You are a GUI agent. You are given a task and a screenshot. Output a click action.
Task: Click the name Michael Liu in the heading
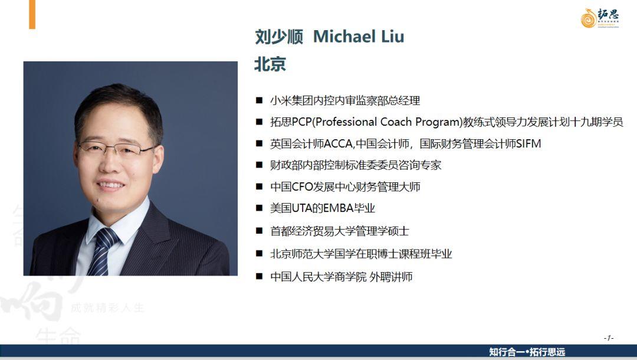359,37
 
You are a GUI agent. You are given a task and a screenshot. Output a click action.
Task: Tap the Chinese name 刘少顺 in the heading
279,37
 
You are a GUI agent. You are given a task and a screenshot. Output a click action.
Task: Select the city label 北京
270,64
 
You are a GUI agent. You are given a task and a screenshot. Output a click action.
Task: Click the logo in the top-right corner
600,18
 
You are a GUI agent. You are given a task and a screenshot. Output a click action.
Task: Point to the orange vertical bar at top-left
32,14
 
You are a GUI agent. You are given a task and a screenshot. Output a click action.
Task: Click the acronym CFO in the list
302,187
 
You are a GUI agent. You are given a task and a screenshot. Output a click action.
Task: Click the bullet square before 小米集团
259,100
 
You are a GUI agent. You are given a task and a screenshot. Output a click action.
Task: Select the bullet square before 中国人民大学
259,276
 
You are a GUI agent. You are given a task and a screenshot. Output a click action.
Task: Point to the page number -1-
608,338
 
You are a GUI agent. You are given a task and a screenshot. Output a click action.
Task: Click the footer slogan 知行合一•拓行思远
527,352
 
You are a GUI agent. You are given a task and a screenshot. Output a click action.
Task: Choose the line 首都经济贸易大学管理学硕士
340,231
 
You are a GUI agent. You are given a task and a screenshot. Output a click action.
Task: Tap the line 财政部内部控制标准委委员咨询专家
356,165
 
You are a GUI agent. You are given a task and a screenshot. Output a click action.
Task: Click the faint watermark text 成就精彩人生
108,307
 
